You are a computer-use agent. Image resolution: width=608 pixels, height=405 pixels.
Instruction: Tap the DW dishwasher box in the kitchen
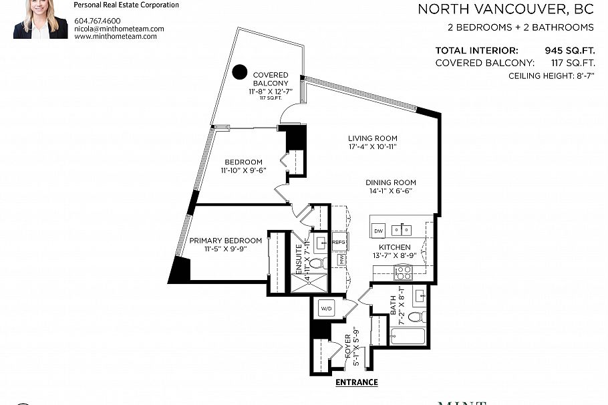click(x=378, y=231)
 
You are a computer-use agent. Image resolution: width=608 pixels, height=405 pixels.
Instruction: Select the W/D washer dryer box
click(x=326, y=309)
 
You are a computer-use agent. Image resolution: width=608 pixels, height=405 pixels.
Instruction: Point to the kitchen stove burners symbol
click(x=404, y=271)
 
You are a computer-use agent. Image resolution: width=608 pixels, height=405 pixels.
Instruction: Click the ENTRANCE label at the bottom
click(x=356, y=383)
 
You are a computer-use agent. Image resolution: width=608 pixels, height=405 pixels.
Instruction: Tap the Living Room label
click(x=372, y=138)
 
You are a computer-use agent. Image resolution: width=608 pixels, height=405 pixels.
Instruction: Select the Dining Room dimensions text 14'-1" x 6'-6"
click(x=390, y=190)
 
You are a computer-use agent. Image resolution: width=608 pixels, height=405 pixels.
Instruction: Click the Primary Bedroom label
click(x=225, y=241)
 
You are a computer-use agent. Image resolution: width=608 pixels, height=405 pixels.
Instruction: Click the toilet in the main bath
click(x=416, y=317)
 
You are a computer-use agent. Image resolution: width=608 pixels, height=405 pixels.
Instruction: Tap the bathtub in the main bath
click(x=408, y=335)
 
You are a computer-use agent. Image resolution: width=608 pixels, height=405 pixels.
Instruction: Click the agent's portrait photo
click(x=41, y=19)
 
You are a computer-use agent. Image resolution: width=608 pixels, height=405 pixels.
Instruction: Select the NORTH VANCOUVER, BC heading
click(x=506, y=9)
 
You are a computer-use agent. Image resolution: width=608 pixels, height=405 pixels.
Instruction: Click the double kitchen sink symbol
click(x=402, y=231)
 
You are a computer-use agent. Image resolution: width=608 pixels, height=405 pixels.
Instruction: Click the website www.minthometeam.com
click(x=116, y=36)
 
